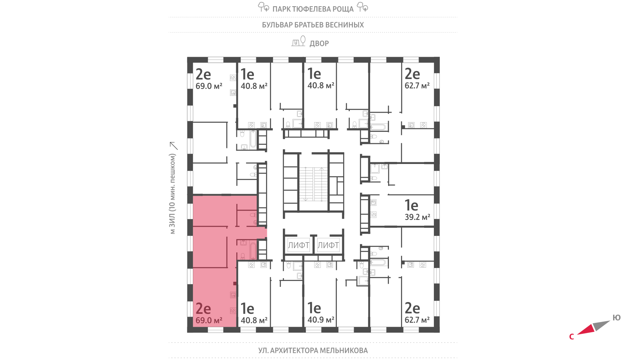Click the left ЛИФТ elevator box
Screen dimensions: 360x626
299,245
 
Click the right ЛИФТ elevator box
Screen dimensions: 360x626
328,245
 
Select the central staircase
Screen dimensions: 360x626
314,184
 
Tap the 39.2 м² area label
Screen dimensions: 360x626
417,217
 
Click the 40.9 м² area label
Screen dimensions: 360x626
321,320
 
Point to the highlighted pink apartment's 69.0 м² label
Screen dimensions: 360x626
209,320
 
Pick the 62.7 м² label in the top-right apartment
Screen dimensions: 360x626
417,86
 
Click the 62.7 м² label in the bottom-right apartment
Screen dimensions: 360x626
417,320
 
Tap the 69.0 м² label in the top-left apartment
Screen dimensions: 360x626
209,86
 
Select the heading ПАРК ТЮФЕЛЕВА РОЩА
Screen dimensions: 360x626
313,9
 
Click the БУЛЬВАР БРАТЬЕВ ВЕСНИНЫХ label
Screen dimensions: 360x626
313,25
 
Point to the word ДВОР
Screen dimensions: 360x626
319,43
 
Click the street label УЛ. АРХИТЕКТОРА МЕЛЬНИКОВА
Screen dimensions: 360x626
313,351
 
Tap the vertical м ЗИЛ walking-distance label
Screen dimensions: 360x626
173,194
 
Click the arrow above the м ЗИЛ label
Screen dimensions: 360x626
173,146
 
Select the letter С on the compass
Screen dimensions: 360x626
572,337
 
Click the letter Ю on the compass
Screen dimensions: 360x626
617,318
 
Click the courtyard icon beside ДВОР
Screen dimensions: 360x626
298,41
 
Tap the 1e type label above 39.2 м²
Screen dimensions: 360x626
411,205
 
